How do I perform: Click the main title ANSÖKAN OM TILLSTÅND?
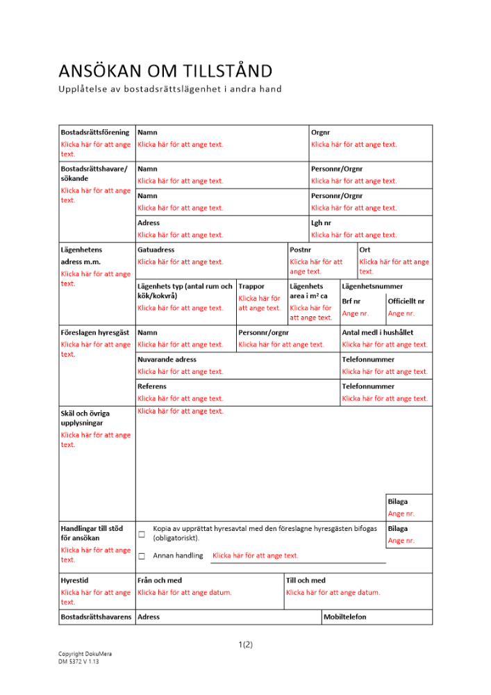pyautogui.click(x=165, y=71)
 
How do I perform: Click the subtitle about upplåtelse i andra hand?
pyautogui.click(x=170, y=89)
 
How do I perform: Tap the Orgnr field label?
pyautogui.click(x=321, y=132)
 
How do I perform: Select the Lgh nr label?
pyautogui.click(x=322, y=223)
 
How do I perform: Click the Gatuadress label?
pyautogui.click(x=156, y=250)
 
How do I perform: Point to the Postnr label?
pyautogui.click(x=301, y=250)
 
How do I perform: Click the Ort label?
pyautogui.click(x=365, y=250)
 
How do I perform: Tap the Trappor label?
pyautogui.click(x=251, y=286)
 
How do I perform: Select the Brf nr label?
pyautogui.click(x=351, y=301)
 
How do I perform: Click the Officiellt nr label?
pyautogui.click(x=406, y=301)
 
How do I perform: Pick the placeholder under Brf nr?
pyautogui.click(x=356, y=313)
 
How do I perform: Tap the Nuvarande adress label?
pyautogui.click(x=167, y=359)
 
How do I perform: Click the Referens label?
pyautogui.click(x=152, y=386)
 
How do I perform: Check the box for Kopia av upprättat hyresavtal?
pyautogui.click(x=142, y=534)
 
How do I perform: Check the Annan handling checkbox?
pyautogui.click(x=142, y=556)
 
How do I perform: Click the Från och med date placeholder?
pyautogui.click(x=185, y=593)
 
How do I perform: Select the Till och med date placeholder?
pyautogui.click(x=333, y=593)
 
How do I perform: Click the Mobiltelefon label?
pyautogui.click(x=345, y=617)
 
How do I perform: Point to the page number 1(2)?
pyautogui.click(x=245, y=644)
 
